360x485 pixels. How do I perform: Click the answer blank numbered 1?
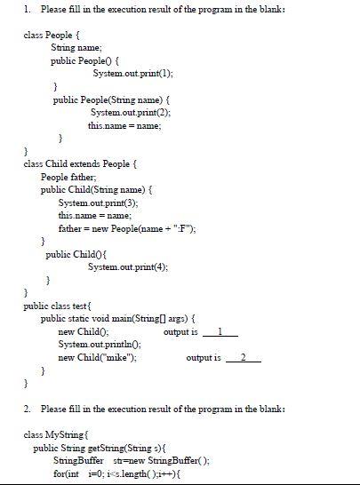(x=221, y=331)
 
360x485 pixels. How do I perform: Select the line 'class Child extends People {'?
(x=79, y=164)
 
